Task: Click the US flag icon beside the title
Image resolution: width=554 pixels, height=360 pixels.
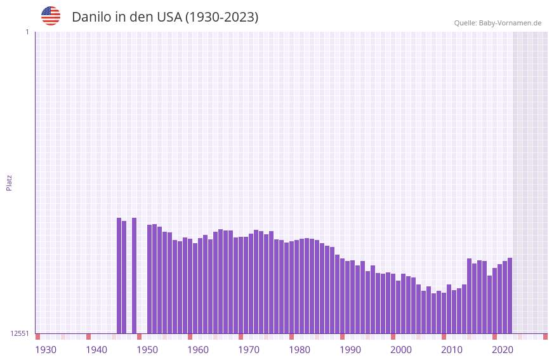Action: [51, 16]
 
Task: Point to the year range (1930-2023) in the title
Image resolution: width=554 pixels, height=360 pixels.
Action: [221, 17]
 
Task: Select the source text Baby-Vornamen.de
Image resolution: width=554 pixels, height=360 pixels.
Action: [510, 23]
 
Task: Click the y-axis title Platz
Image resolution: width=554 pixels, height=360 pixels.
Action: [9, 183]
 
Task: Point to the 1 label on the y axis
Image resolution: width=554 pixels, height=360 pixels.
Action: [27, 32]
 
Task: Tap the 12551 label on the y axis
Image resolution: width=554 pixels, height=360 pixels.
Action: [20, 333]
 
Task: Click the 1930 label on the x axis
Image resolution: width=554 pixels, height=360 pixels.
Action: [46, 350]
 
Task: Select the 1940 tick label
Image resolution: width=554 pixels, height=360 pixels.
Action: [96, 350]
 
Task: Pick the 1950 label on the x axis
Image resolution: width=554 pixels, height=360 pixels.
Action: [147, 350]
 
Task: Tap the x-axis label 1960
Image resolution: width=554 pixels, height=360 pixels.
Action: [198, 350]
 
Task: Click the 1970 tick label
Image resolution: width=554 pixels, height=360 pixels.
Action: [249, 350]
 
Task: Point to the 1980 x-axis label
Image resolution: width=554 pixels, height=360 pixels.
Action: [300, 350]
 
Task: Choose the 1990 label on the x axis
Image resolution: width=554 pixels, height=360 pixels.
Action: [350, 350]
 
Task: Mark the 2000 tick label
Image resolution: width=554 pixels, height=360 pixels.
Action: [401, 350]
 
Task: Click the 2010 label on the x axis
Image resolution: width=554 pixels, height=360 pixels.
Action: [452, 350]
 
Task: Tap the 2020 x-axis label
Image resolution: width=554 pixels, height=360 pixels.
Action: [503, 350]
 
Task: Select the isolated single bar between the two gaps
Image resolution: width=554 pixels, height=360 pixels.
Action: [134, 276]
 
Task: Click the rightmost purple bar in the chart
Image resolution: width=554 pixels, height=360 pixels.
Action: [510, 295]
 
